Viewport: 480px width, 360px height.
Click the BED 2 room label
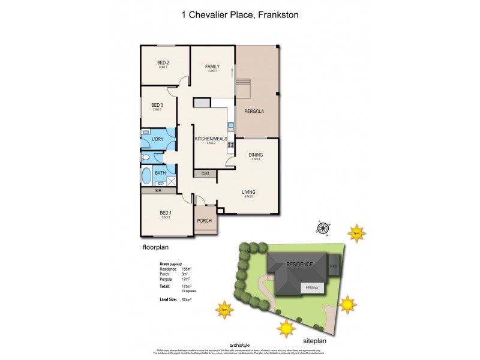tap(164, 62)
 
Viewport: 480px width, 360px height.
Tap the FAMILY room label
tap(212, 66)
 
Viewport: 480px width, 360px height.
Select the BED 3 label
tap(157, 105)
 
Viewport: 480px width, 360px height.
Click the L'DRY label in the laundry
tap(158, 139)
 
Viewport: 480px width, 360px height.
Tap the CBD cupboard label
tap(205, 173)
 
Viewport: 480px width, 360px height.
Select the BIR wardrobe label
tap(158, 190)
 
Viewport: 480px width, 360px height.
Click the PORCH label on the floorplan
tap(205, 221)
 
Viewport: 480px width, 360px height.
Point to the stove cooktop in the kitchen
tap(230, 145)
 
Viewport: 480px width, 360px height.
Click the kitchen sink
tap(230, 126)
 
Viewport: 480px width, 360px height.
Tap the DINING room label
tap(256, 155)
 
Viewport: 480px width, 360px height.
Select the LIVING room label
tap(248, 193)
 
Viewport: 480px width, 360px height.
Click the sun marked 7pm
tap(356, 233)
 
